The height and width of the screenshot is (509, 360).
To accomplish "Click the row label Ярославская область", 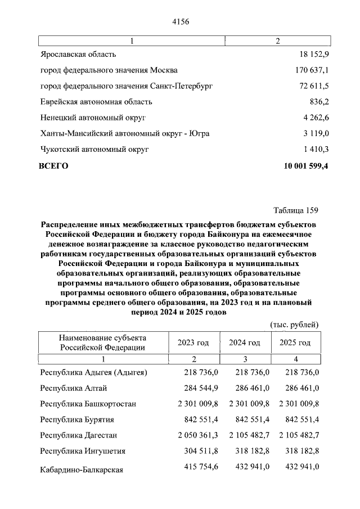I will [x=78, y=54].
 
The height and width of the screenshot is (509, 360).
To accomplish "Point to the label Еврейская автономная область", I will [x=96, y=102].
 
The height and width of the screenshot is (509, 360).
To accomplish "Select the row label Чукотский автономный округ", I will [x=94, y=150].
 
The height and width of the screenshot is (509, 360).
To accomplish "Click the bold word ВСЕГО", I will [x=53, y=166].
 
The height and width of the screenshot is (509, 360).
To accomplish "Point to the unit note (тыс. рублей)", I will [x=295, y=325].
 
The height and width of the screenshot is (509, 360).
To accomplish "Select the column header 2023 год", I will [x=193, y=343].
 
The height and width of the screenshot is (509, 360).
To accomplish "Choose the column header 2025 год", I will [x=295, y=343].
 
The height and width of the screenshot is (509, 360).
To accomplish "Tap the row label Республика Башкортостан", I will [x=88, y=404].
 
